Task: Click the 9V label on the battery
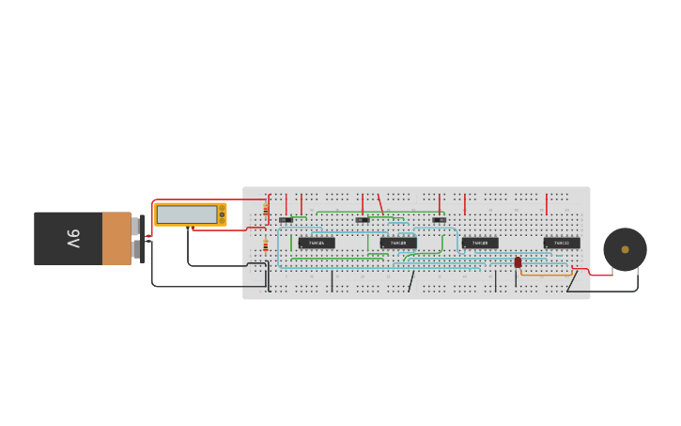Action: click(x=73, y=239)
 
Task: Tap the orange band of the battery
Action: click(x=116, y=239)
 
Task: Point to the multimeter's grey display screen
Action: click(x=186, y=214)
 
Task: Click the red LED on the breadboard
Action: click(x=518, y=262)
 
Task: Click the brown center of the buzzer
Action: click(x=625, y=249)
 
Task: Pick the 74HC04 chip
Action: click(x=317, y=243)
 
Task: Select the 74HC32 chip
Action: click(x=562, y=243)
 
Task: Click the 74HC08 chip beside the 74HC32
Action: click(x=480, y=243)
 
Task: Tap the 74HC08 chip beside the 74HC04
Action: click(x=398, y=243)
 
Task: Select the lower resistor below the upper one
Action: click(x=266, y=246)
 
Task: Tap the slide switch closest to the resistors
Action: click(x=286, y=220)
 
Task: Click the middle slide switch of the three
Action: click(x=363, y=220)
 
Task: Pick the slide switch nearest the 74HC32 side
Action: click(x=439, y=220)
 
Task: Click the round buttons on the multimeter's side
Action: click(x=222, y=214)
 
